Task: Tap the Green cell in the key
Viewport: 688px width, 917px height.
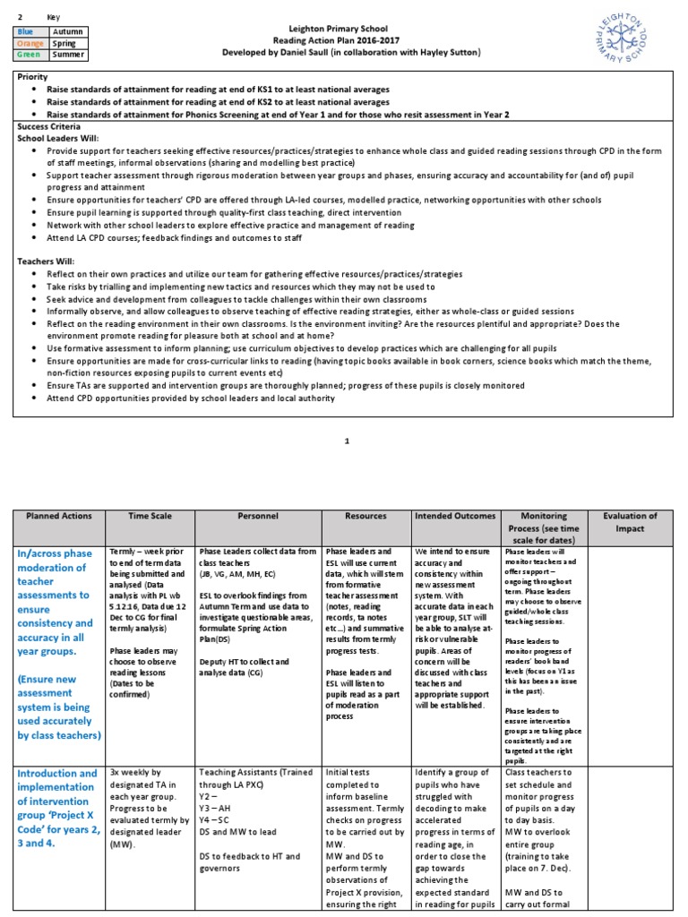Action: point(27,54)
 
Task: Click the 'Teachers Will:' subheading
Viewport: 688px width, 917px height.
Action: point(48,261)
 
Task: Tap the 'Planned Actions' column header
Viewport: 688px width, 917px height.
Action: point(58,516)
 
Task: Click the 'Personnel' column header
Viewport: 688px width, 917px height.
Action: point(258,516)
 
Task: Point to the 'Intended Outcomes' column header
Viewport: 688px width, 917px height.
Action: point(455,516)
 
